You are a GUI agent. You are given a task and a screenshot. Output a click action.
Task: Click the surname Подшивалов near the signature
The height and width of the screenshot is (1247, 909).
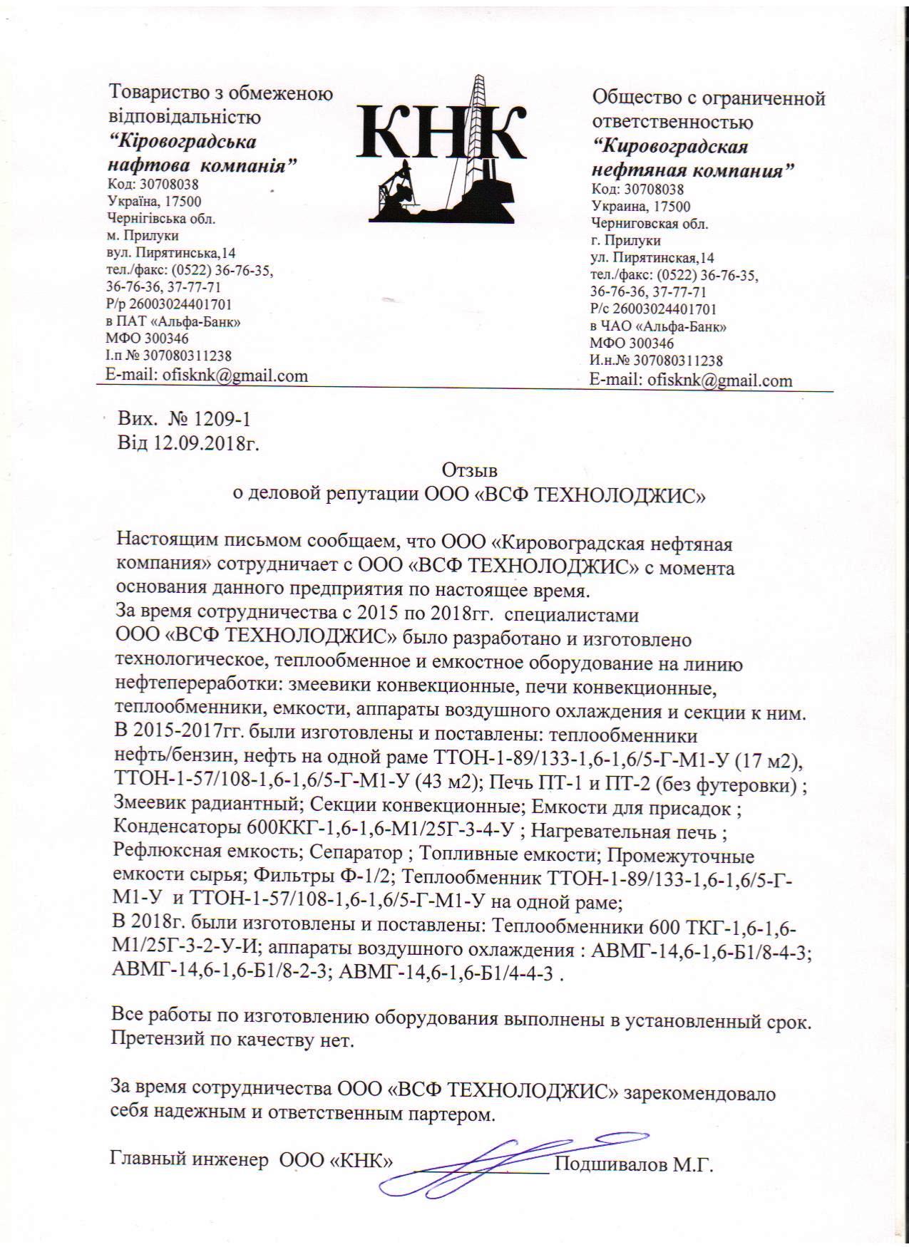(x=612, y=1166)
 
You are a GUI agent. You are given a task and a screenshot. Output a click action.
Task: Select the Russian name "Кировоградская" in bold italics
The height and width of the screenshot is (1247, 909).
(x=671, y=147)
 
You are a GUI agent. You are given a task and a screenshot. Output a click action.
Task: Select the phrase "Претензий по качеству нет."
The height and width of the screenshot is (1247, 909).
(x=232, y=1040)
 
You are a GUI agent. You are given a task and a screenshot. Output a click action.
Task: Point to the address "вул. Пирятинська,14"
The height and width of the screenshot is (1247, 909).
(x=171, y=253)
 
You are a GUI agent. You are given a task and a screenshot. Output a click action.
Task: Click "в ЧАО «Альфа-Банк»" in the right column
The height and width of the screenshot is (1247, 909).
(x=658, y=327)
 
